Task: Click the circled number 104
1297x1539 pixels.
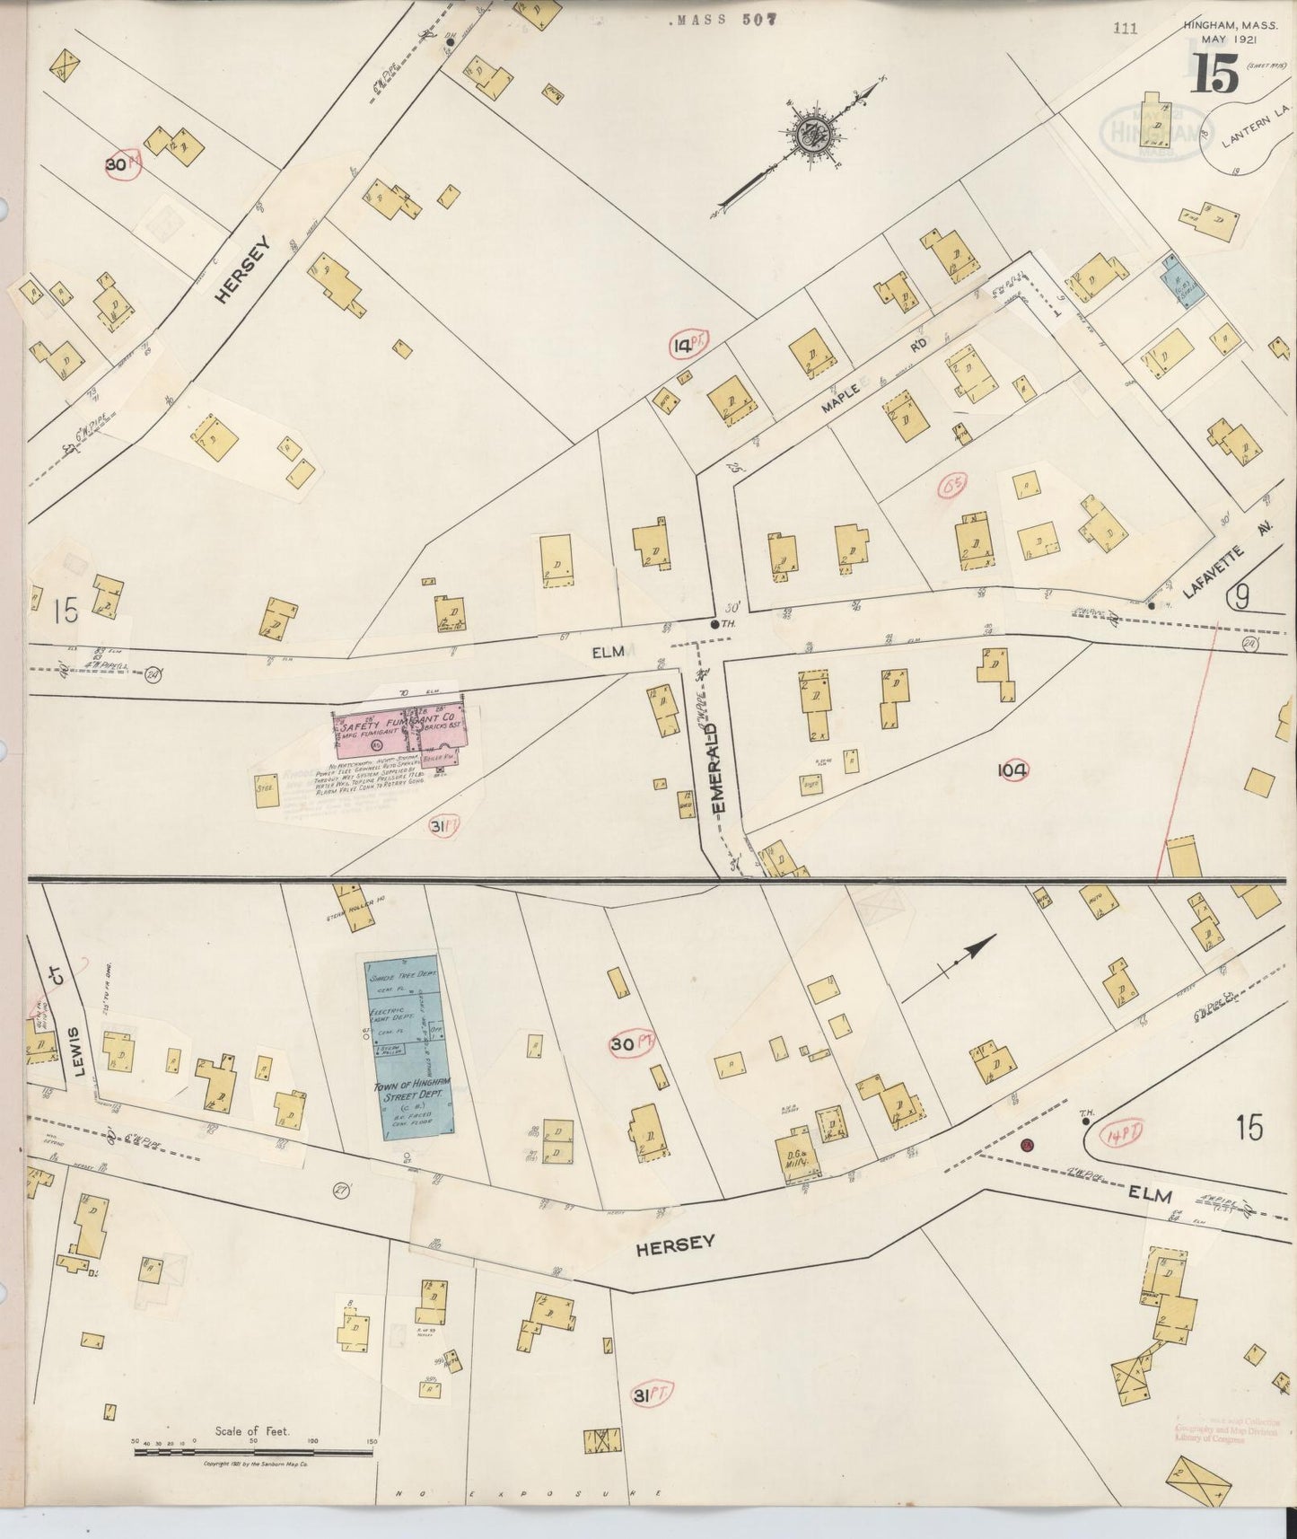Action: pos(1012,769)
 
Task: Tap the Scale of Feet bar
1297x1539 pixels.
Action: pos(252,1452)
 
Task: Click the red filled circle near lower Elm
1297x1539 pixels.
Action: pos(1028,1145)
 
